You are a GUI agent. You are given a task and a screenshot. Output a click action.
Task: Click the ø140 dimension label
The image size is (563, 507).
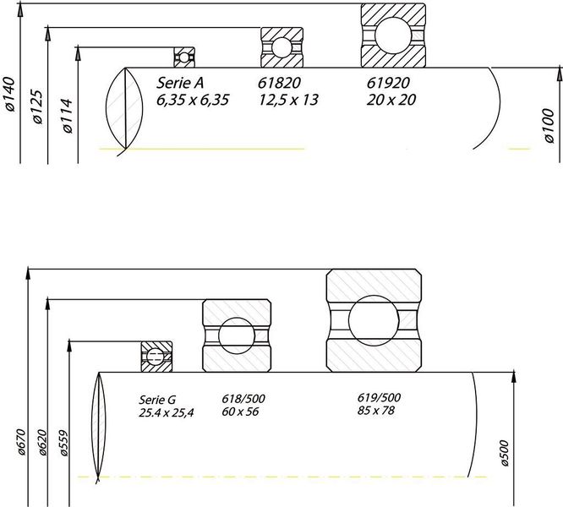(x=9, y=94)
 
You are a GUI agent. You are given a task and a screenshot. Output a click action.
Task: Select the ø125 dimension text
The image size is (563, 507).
(x=37, y=106)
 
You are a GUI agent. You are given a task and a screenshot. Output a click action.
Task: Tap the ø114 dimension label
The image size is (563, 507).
(x=67, y=116)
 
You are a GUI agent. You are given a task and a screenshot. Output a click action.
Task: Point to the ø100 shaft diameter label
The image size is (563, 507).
(x=549, y=126)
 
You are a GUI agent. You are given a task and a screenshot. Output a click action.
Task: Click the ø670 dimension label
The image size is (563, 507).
(x=21, y=442)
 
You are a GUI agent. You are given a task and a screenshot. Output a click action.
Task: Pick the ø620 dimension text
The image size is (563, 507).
(x=42, y=443)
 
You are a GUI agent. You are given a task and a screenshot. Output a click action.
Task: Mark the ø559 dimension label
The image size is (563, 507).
(x=63, y=443)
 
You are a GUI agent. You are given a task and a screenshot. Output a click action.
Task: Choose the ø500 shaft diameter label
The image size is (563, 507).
(x=504, y=453)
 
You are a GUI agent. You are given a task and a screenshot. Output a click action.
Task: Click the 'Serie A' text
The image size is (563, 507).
(x=180, y=83)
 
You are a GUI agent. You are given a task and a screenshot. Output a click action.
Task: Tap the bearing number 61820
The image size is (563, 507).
(x=279, y=83)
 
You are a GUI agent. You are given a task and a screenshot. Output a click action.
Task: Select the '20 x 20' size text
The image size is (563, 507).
(x=391, y=100)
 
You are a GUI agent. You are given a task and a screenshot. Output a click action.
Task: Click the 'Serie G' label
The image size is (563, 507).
(x=157, y=400)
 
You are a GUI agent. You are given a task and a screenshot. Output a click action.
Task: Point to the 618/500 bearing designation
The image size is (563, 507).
(x=243, y=399)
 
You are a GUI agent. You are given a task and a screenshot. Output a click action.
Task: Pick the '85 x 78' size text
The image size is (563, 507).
(x=375, y=410)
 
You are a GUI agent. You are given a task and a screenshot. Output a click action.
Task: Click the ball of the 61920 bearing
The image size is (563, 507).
(x=393, y=35)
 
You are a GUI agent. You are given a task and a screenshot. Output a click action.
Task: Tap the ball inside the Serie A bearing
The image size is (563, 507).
(x=183, y=57)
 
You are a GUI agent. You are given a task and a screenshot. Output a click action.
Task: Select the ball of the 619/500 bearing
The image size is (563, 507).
(x=374, y=320)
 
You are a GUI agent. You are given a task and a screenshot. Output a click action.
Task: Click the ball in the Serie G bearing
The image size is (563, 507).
(x=155, y=356)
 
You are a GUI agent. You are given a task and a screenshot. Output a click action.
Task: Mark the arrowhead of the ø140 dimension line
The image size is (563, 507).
(x=20, y=11)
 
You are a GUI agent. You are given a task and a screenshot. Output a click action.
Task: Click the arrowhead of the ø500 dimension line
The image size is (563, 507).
(x=513, y=379)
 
